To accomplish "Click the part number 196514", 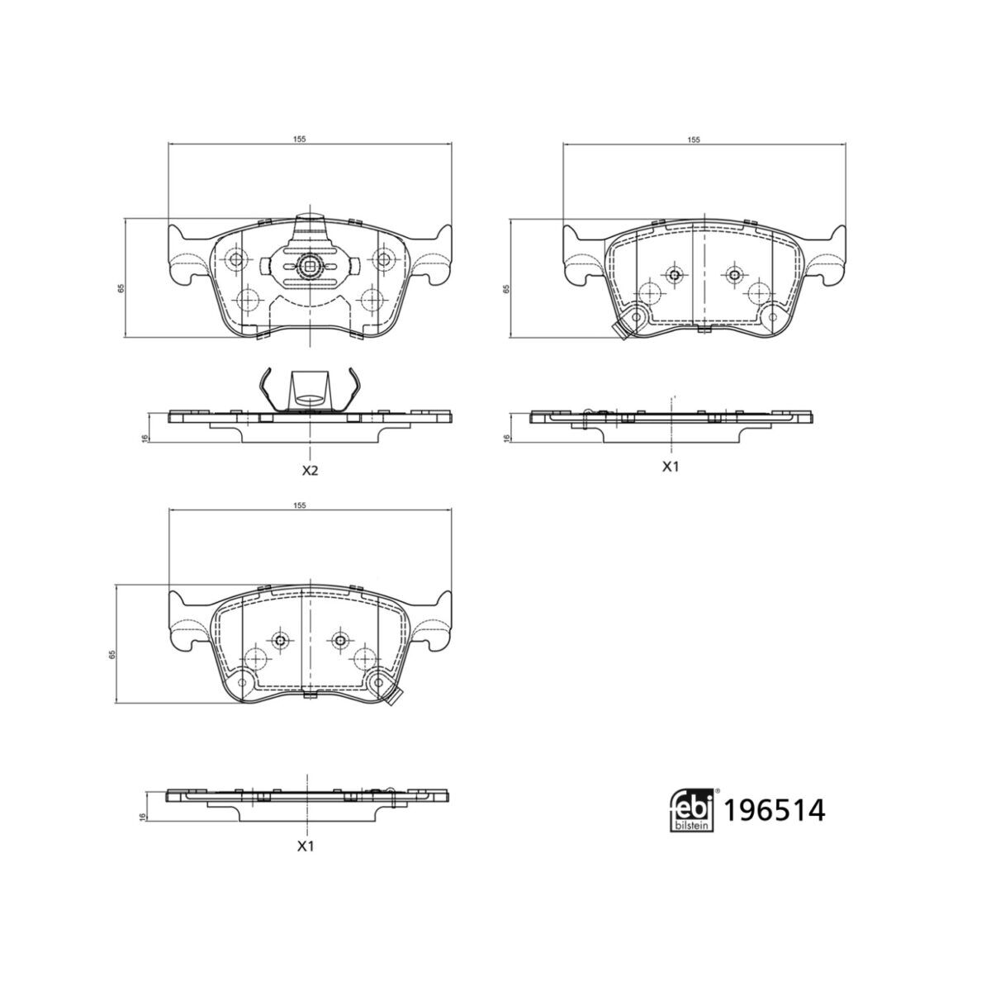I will pos(774,811).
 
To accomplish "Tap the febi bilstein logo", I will pos(691,810).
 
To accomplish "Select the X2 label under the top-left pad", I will pos(309,471).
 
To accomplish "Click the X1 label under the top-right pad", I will pos(670,467).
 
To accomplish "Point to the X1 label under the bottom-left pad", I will pos(306,846).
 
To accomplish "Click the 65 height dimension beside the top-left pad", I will pos(120,288).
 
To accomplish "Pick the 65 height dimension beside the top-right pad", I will pos(505,288).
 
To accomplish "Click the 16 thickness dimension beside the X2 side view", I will pos(144,439).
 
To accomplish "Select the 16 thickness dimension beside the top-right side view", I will pos(505,439).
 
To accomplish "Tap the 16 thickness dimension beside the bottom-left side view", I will pos(144,816).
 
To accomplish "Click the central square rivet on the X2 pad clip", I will pos(309,266).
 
